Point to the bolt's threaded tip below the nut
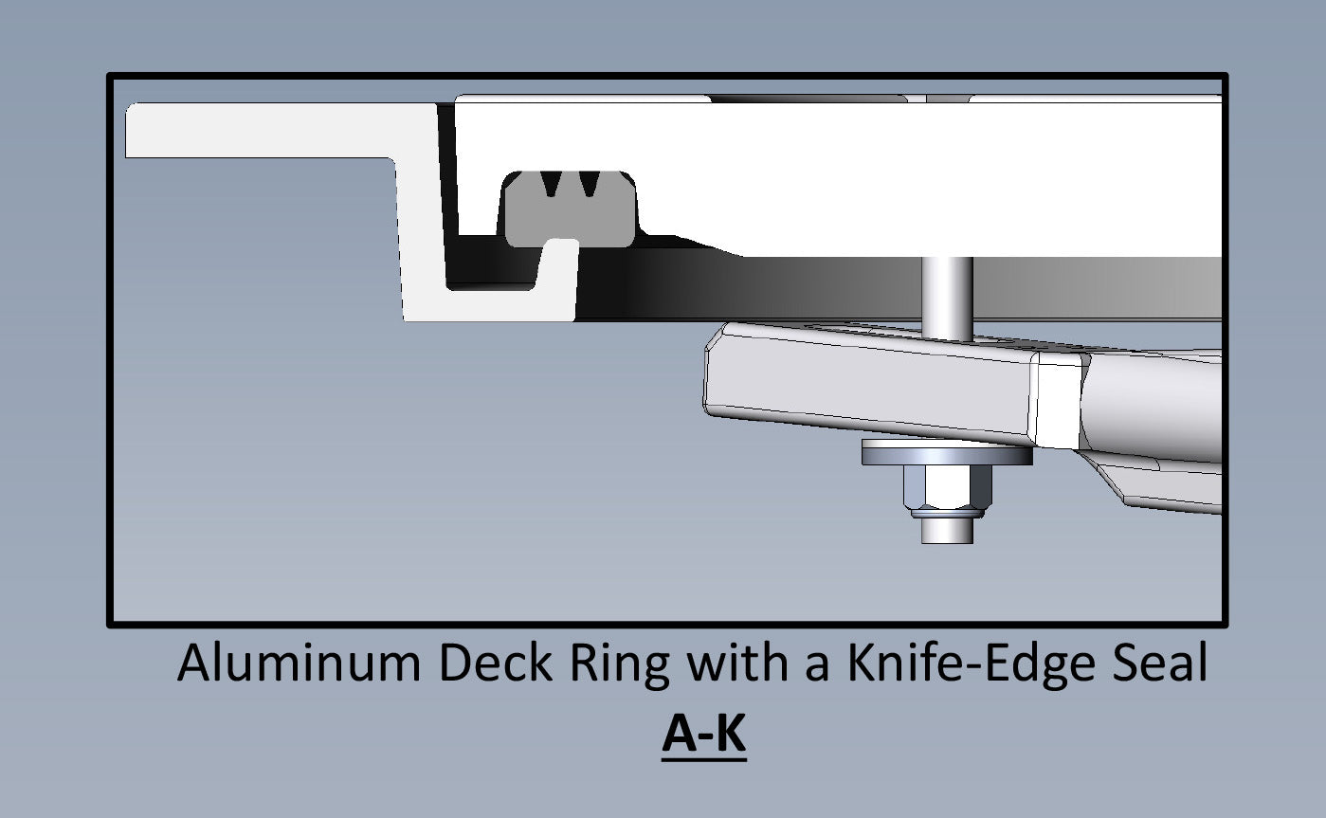point(949,530)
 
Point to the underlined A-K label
point(703,735)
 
